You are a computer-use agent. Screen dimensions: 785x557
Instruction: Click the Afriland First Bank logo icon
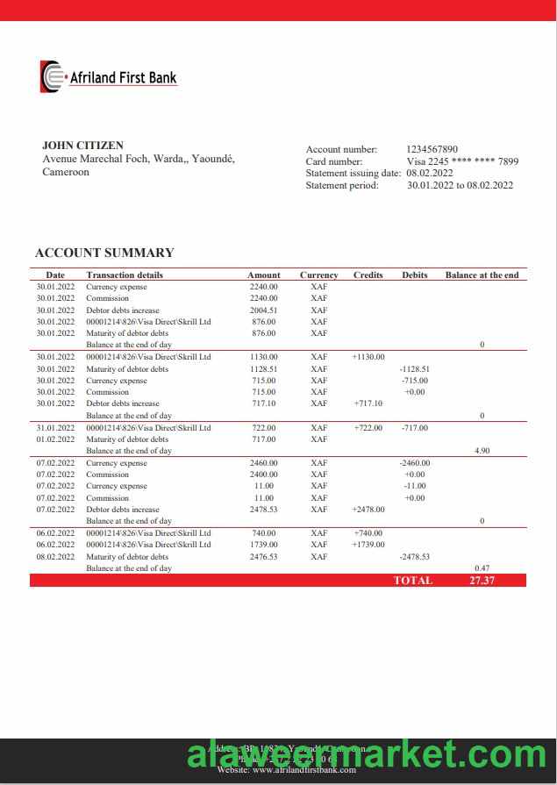pos(52,76)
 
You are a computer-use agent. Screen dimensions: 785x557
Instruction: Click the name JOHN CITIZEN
pos(82,146)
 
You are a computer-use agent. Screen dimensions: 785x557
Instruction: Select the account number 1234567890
pos(432,150)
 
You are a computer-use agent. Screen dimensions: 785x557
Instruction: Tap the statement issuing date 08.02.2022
pos(430,173)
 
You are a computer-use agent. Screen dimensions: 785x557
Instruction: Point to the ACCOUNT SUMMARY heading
pos(104,253)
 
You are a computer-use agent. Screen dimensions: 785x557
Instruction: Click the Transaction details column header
pos(125,275)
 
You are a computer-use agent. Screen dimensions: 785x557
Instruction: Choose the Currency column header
pos(318,275)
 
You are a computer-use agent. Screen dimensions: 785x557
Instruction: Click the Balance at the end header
pos(482,275)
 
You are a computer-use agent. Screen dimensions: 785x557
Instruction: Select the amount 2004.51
pos(263,310)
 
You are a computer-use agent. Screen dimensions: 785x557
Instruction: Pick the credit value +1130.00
pos(368,357)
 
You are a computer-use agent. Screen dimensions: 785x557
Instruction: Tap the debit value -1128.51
pos(414,369)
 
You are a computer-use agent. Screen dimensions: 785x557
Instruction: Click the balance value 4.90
pos(482,451)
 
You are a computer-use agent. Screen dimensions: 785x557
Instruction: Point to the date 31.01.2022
pos(55,428)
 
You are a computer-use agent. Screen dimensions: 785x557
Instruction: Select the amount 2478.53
pos(263,510)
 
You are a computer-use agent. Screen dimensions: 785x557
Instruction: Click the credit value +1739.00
pos(368,545)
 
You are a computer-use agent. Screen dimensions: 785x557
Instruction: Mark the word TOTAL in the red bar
pos(413,581)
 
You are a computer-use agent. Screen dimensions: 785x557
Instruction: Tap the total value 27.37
pos(482,581)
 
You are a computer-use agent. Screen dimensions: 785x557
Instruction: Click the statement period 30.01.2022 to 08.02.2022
pos(460,185)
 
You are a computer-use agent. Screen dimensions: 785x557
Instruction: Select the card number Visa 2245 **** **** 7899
pos(462,161)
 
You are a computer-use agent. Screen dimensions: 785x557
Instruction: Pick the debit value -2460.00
pos(414,463)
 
